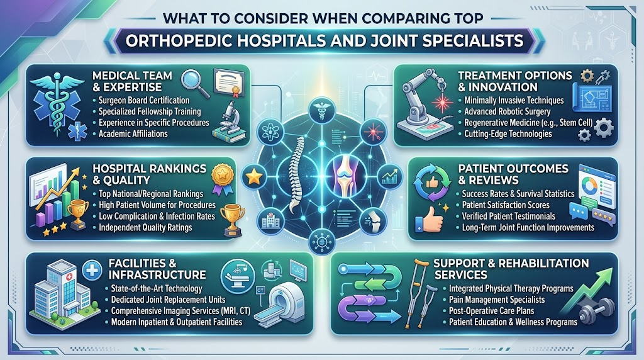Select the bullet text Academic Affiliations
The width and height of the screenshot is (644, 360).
click(x=133, y=133)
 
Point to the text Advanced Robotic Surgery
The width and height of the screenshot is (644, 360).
click(x=507, y=111)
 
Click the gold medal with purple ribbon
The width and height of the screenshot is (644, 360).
click(x=223, y=179)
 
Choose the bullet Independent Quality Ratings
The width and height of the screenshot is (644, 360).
click(x=145, y=227)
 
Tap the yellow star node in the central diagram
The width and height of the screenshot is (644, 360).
click(x=254, y=177)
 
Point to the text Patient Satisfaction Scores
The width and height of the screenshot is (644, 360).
click(x=505, y=205)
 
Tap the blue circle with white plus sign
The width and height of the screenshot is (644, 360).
click(x=92, y=270)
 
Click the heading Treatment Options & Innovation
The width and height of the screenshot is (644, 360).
click(x=515, y=81)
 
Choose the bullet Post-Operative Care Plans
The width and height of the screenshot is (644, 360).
click(x=491, y=311)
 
